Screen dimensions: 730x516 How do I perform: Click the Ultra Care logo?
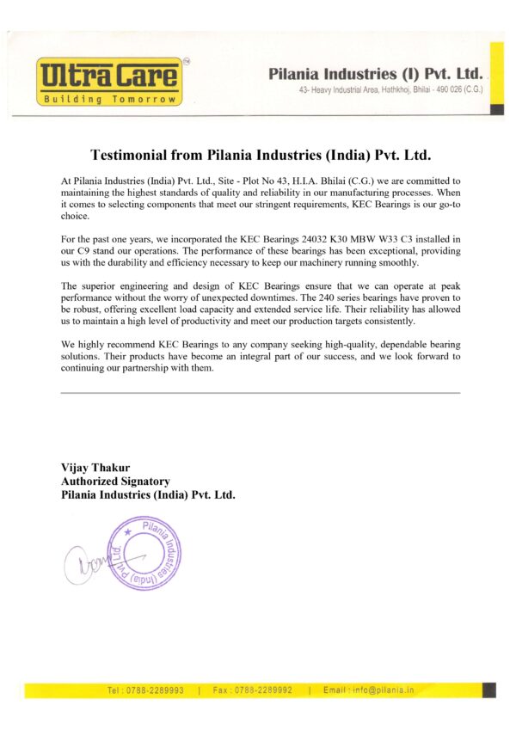[x=109, y=76]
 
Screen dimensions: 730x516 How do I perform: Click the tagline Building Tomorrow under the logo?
[x=109, y=99]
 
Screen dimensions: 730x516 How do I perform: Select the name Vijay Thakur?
[x=95, y=468]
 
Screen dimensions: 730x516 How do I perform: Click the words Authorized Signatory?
[x=115, y=482]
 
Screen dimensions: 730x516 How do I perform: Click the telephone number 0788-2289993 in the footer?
[x=154, y=690]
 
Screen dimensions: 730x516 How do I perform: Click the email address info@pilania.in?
[x=381, y=690]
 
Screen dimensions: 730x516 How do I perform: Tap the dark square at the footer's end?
[x=488, y=690]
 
